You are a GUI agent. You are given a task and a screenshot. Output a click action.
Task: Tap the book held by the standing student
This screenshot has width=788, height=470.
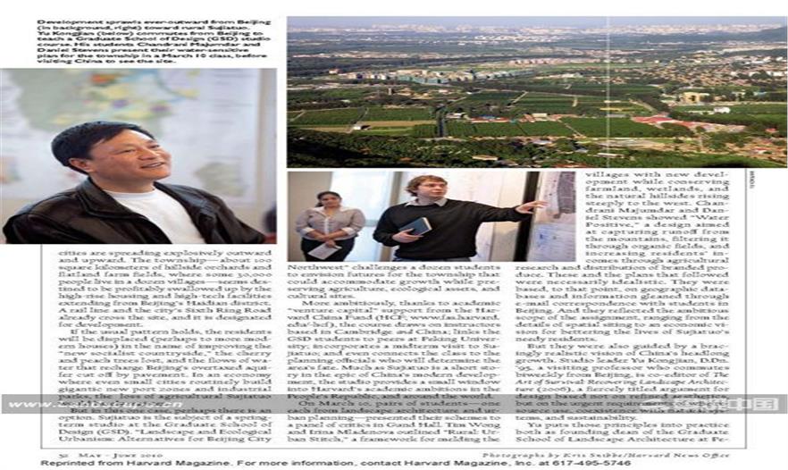[x=416, y=225]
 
